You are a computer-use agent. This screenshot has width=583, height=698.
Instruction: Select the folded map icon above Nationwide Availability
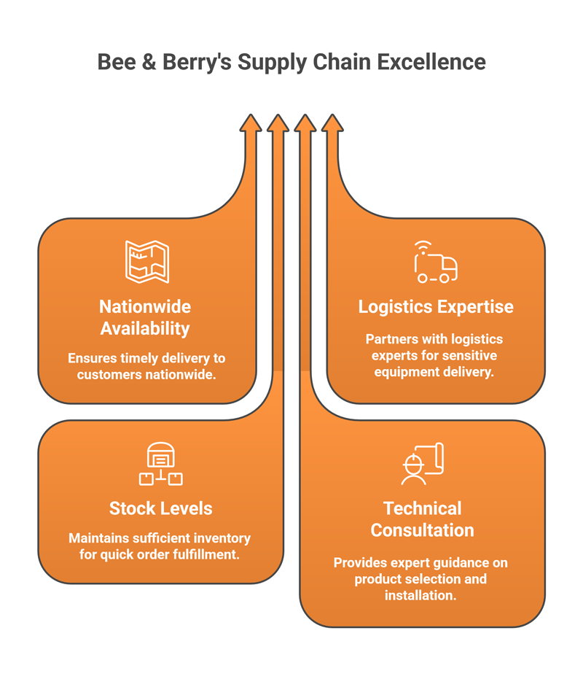point(147,261)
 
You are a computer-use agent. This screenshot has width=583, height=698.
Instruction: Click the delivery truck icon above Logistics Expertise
point(435,263)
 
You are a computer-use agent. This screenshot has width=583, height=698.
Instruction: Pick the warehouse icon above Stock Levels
point(160,464)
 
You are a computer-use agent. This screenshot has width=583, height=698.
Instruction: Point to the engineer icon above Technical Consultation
point(422,464)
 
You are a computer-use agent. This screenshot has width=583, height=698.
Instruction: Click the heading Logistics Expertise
point(436,306)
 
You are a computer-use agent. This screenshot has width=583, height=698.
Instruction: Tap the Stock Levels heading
point(160,508)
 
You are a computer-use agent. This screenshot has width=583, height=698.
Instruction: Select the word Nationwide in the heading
point(145,306)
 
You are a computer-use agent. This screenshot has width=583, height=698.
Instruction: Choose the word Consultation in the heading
point(422,530)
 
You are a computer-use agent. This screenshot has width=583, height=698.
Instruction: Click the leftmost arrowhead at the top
point(250,123)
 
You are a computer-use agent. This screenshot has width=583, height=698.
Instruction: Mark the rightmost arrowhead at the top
point(332,123)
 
